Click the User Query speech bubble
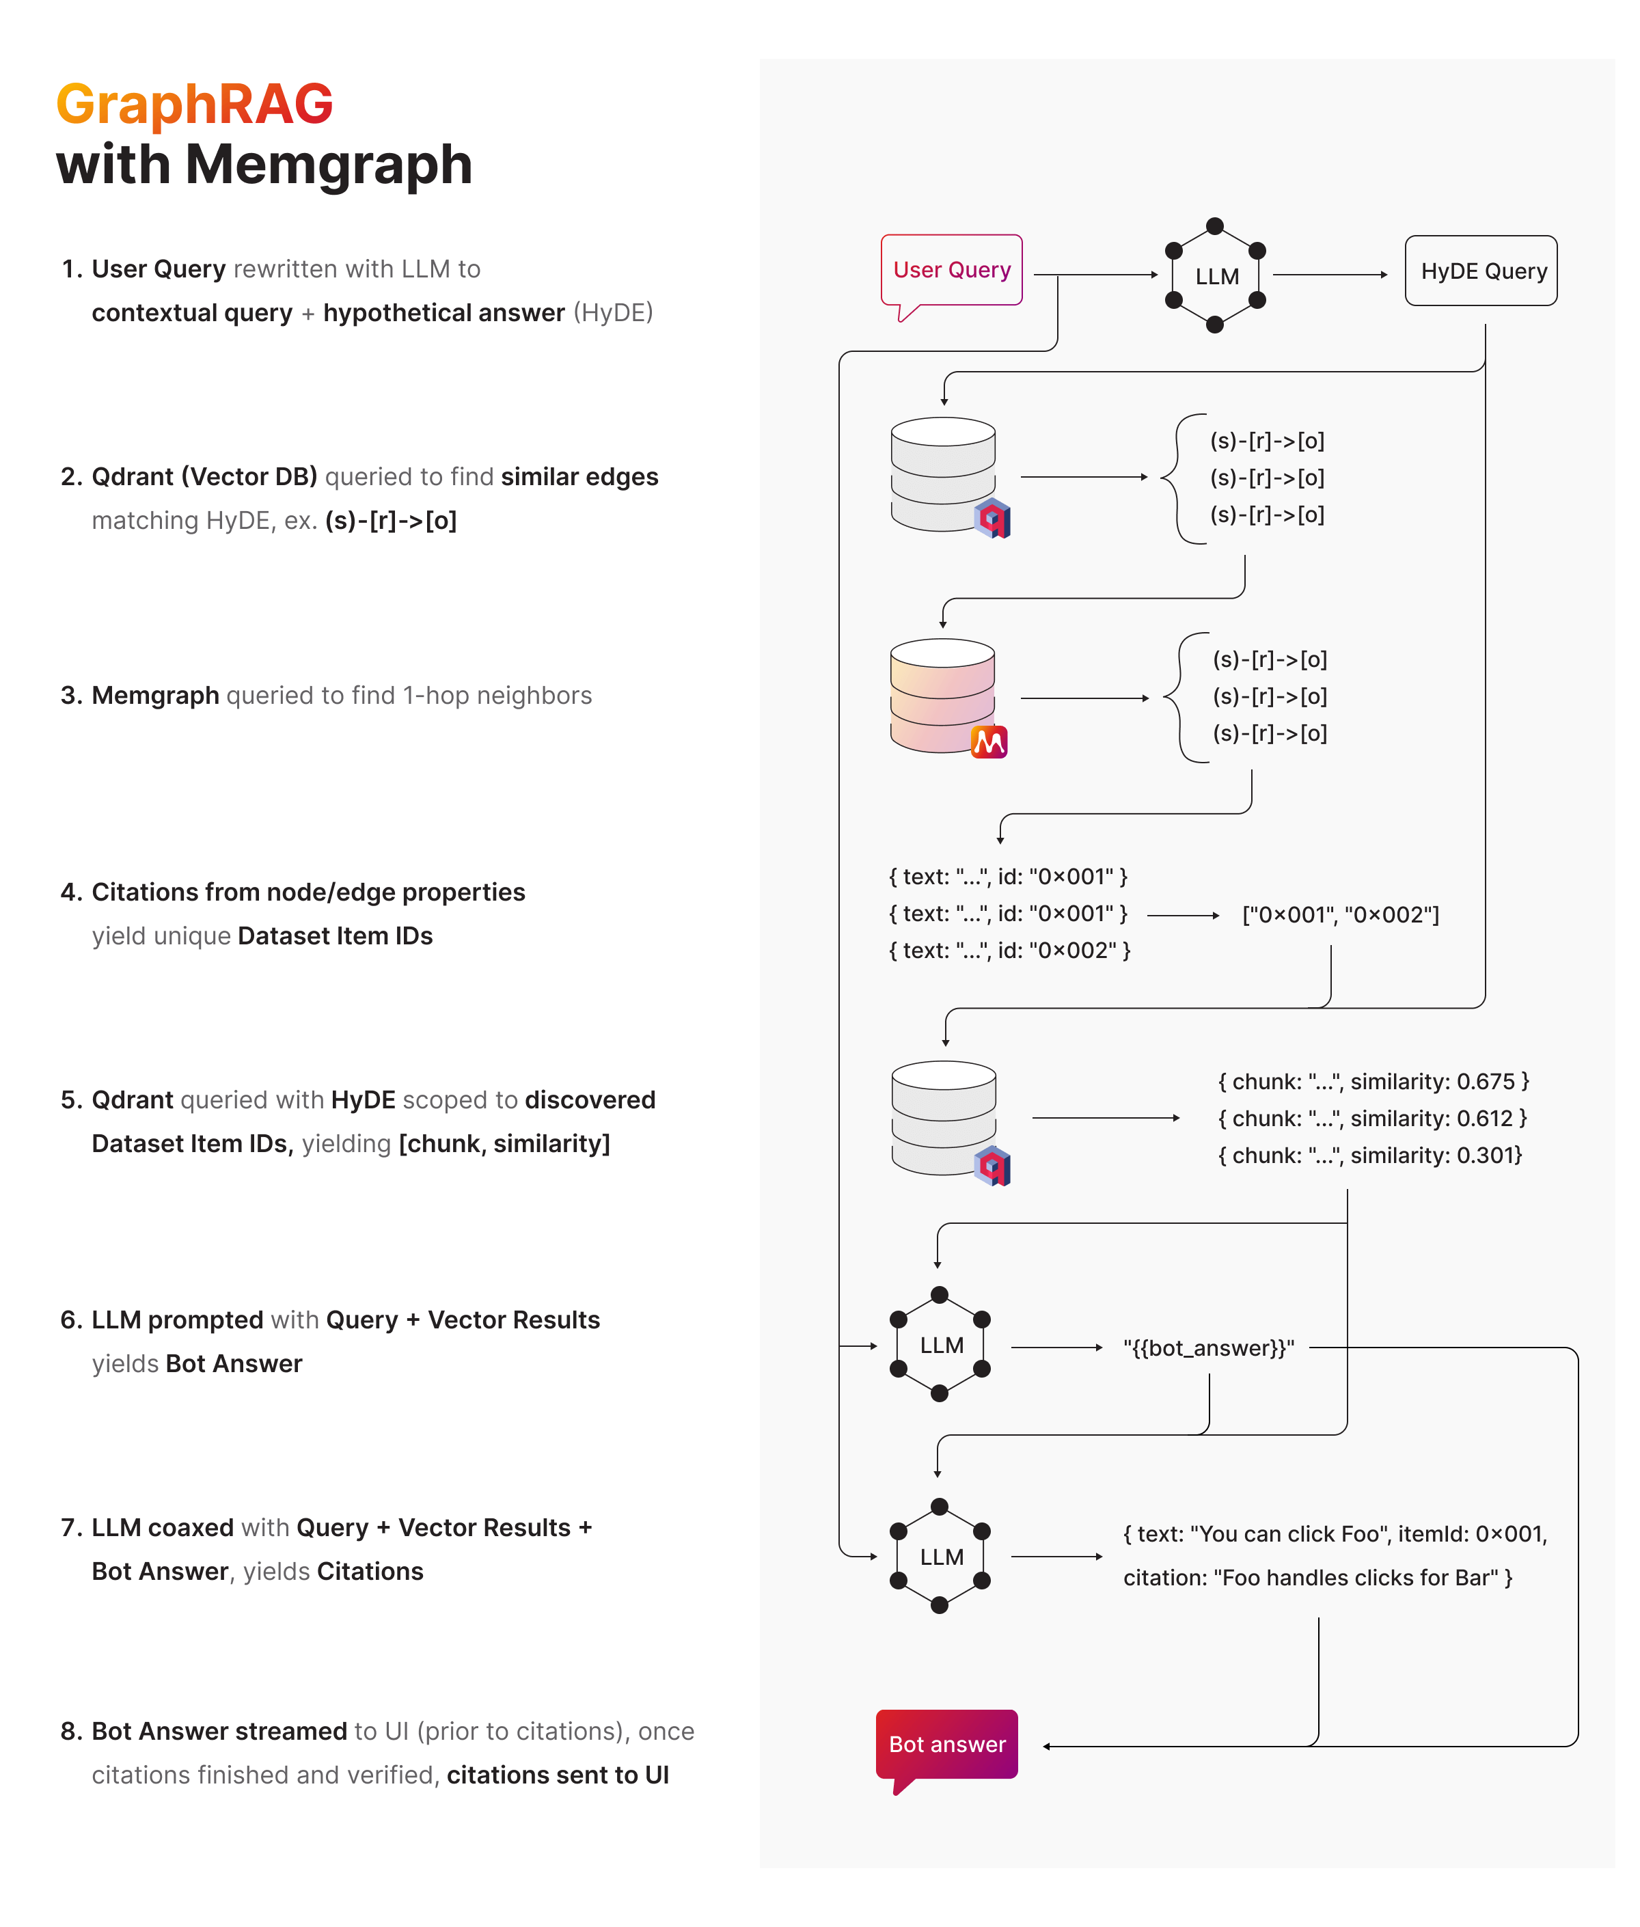951,271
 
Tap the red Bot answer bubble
946,1744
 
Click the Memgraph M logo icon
989,742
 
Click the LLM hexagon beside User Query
1215,276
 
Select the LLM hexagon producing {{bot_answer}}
940,1345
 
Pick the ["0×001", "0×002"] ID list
1340,916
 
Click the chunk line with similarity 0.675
1372,1081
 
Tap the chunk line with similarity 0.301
1369,1156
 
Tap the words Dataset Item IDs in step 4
335,936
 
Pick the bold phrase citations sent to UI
557,1775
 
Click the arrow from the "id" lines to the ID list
1183,916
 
